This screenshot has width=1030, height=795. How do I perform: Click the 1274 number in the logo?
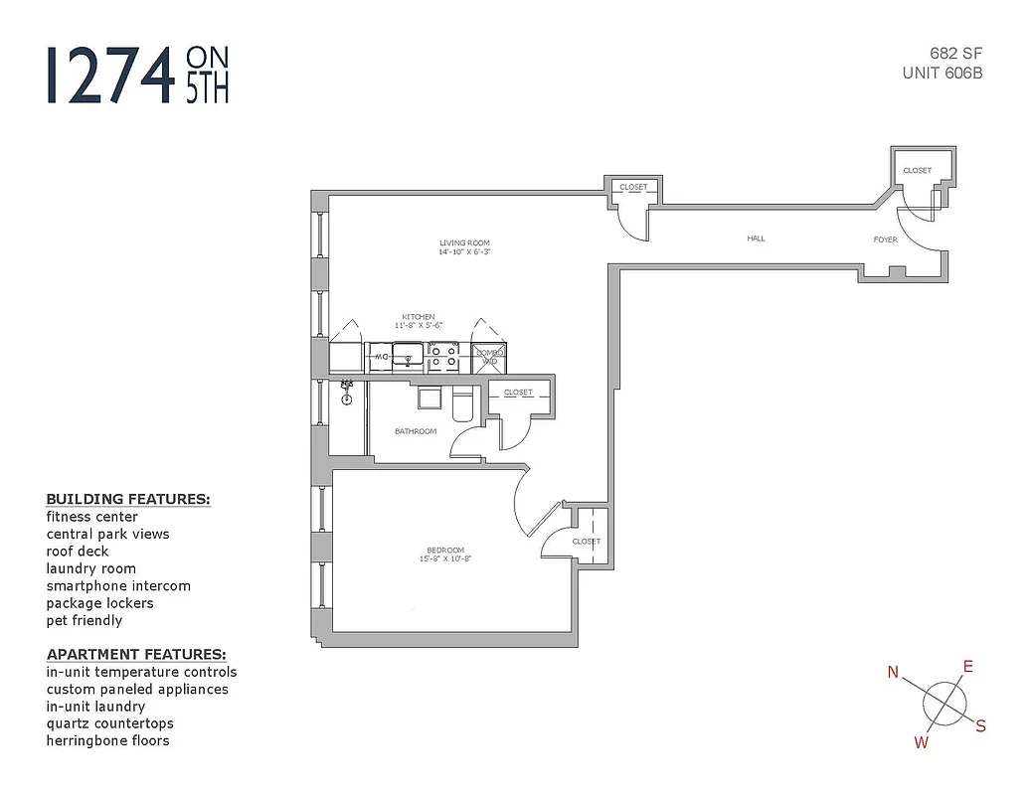pos(108,75)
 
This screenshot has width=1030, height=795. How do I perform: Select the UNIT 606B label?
pos(942,72)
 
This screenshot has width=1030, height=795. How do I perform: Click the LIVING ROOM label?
pos(464,242)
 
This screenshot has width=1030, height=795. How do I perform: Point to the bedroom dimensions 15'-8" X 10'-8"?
pos(444,558)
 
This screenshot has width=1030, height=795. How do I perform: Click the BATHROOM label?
pos(415,431)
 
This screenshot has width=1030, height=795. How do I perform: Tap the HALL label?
pos(756,238)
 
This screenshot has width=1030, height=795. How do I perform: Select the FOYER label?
pos(885,239)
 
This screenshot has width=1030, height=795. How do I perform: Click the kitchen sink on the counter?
pos(408,356)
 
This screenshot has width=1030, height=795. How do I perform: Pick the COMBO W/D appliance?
pos(489,357)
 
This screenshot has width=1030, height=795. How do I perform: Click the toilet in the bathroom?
pos(463,407)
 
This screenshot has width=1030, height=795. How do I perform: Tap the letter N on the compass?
pos(893,673)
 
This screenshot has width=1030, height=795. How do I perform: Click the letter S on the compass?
pos(980,726)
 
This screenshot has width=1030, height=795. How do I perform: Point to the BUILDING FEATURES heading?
pos(128,499)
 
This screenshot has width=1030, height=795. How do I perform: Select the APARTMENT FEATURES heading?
pos(136,655)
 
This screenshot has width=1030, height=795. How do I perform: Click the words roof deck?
pos(78,552)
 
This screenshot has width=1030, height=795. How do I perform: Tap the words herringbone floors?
pos(107,740)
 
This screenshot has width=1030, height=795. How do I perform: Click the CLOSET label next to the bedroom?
pos(586,542)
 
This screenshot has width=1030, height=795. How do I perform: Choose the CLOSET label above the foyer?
pos(917,171)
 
